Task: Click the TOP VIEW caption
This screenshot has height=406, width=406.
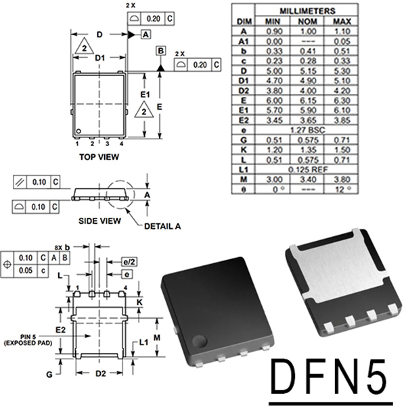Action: pos(99,157)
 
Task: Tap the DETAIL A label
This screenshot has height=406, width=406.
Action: pos(157,226)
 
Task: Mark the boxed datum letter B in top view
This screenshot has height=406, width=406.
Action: pos(160,51)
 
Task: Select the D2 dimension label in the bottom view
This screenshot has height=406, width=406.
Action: pos(100,373)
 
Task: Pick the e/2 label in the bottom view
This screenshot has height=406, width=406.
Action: pos(127,261)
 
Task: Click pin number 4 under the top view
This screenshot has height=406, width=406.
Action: pos(122,144)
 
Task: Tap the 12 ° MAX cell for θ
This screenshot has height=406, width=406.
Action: pos(342,189)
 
